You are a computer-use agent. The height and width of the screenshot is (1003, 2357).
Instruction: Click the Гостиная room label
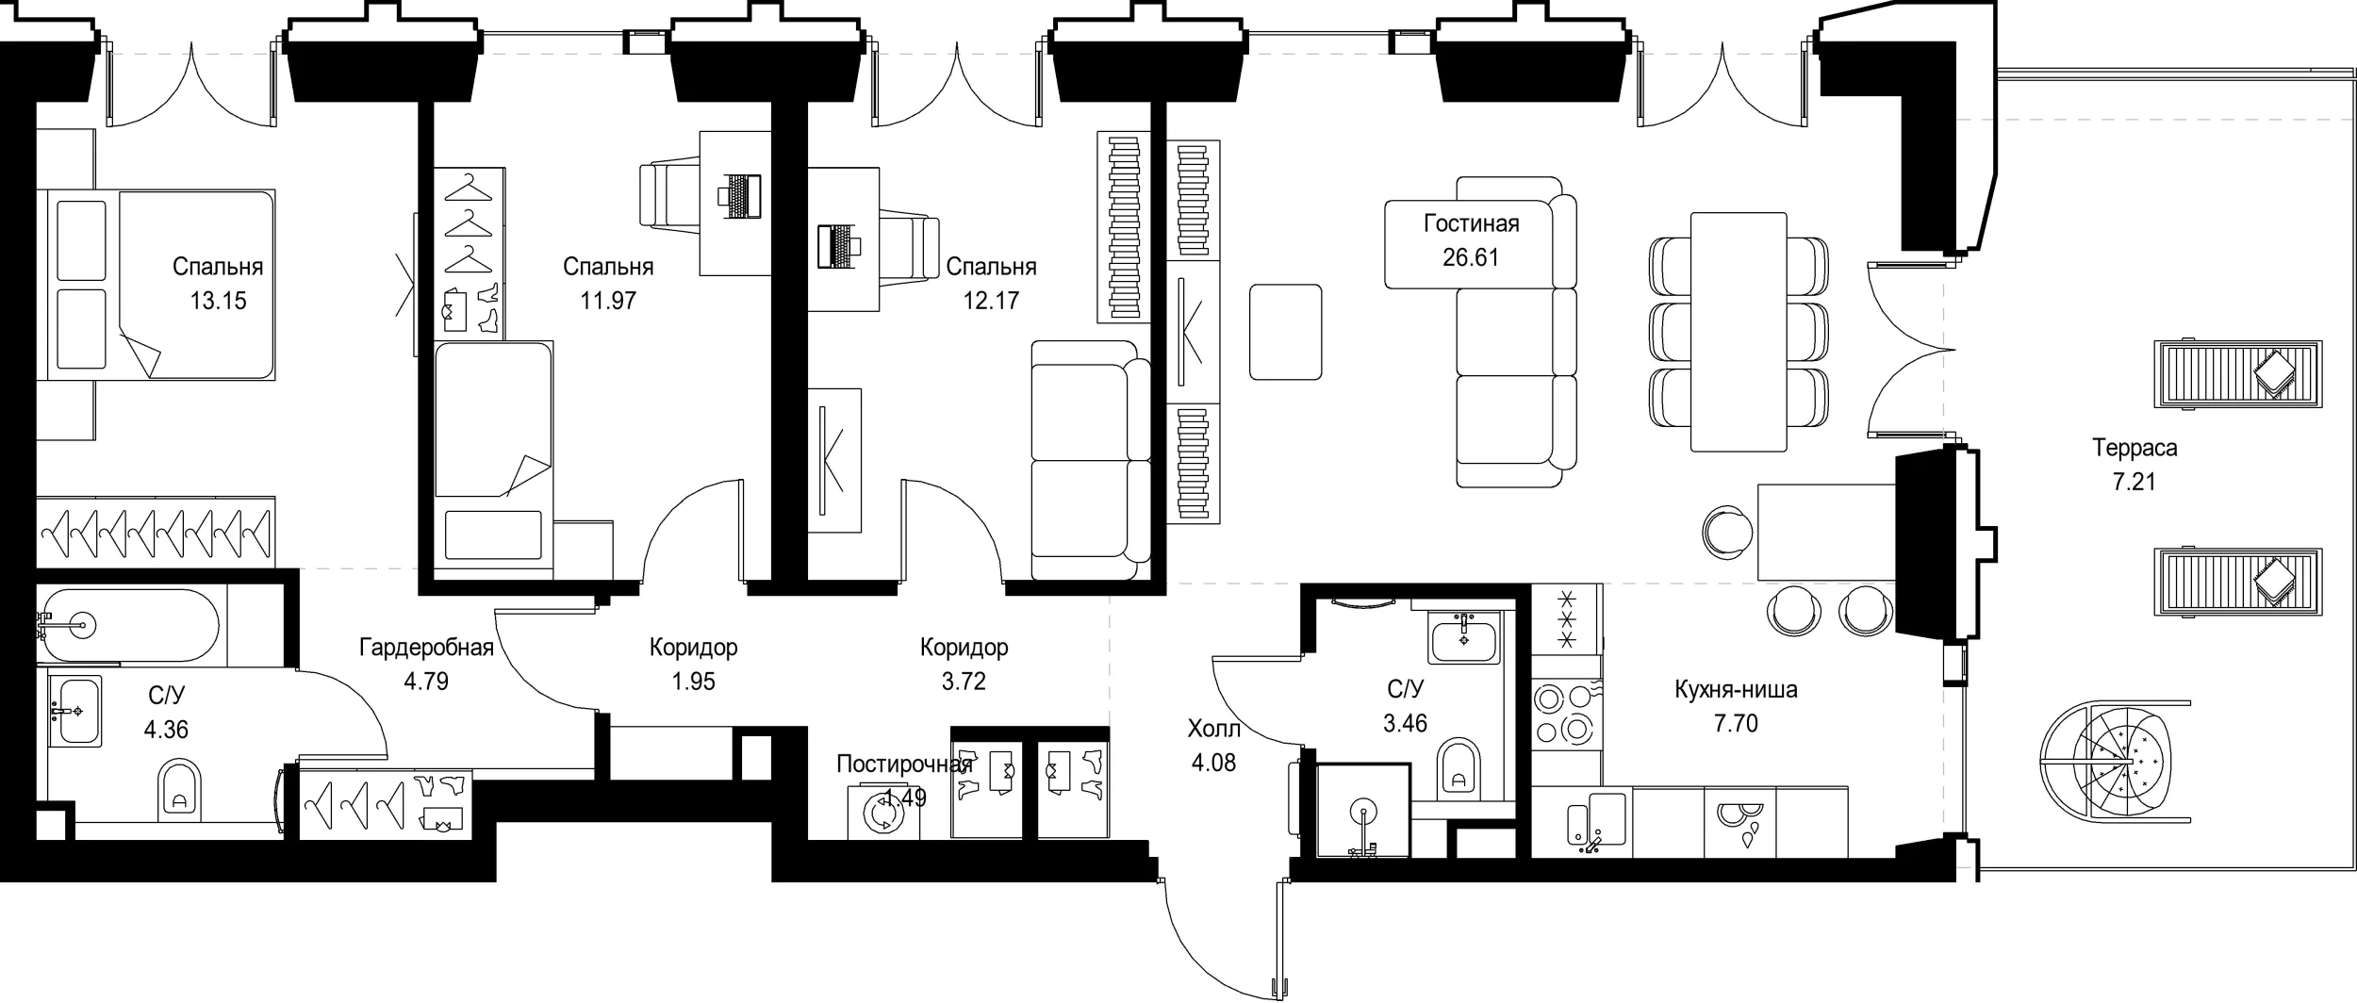tap(1471, 223)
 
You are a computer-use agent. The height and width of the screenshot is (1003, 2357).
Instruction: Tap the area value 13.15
tap(218, 301)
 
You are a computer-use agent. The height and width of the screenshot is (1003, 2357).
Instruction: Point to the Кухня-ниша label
tap(1736, 689)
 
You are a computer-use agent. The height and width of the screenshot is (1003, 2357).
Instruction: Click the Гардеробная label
tap(426, 648)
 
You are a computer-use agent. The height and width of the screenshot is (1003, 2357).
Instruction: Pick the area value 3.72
tap(964, 681)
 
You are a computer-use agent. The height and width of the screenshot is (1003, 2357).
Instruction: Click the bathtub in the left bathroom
tap(128, 625)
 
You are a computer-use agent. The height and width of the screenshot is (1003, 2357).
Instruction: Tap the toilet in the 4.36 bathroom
tap(179, 787)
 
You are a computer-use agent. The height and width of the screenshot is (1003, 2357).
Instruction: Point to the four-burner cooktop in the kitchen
tap(1566, 715)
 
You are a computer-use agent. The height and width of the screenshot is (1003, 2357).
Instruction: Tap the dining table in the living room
tap(1739, 332)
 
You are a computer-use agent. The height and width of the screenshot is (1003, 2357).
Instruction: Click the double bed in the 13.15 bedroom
tap(156, 285)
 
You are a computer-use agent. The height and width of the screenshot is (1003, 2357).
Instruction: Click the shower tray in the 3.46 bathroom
tap(1361, 811)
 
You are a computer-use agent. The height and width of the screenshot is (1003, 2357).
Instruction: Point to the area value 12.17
tap(991, 301)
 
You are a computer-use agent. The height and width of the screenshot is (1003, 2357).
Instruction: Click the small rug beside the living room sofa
tap(1285, 332)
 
